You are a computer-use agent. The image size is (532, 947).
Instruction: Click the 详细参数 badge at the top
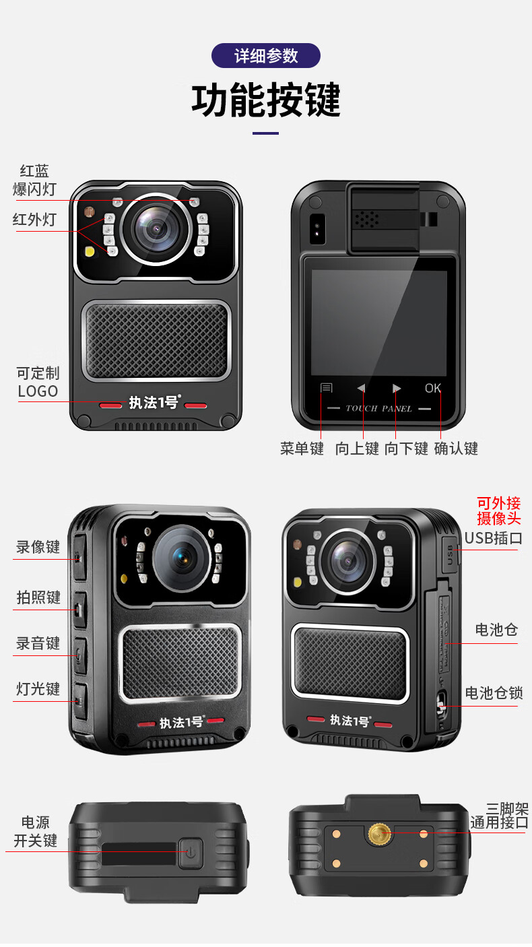[266, 55]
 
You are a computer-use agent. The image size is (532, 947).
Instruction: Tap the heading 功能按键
[266, 100]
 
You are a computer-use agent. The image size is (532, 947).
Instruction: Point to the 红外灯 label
[34, 220]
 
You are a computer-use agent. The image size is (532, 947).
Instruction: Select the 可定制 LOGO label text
[38, 382]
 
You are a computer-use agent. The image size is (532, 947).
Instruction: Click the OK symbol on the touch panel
[433, 388]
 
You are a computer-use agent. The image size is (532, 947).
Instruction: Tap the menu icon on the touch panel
[326, 388]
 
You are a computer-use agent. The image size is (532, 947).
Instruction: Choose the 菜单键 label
[302, 449]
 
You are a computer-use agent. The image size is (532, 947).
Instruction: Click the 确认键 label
[456, 449]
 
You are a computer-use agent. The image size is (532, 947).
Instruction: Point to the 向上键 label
[357, 449]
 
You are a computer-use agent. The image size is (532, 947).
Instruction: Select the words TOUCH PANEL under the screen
[378, 408]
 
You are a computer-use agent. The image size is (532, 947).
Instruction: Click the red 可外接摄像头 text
[498, 511]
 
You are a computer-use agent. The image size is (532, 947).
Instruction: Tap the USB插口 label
[493, 538]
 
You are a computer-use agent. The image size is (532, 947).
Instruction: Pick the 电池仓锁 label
[494, 693]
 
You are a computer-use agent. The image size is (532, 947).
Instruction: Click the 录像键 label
[38, 547]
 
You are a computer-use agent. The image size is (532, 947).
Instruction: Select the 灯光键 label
[38, 689]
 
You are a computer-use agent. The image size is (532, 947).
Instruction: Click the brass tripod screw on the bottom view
[379, 834]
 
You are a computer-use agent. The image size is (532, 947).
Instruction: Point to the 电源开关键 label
[36, 832]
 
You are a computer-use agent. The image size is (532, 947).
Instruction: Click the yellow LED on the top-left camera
[90, 251]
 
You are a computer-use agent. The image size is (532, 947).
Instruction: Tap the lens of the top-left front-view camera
[156, 230]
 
